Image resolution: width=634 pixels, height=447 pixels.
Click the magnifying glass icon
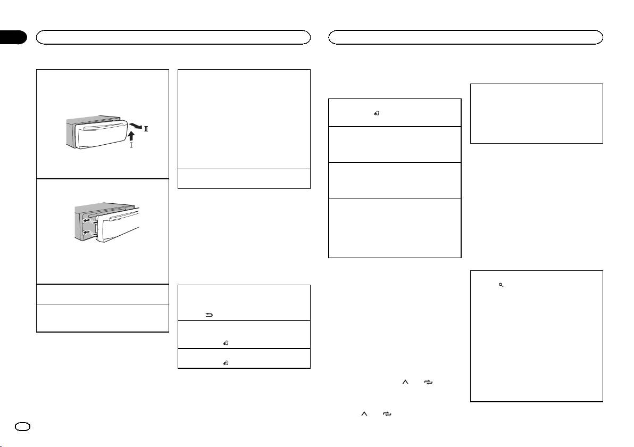click(500, 286)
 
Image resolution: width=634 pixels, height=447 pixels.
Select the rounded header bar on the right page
click(466, 37)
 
